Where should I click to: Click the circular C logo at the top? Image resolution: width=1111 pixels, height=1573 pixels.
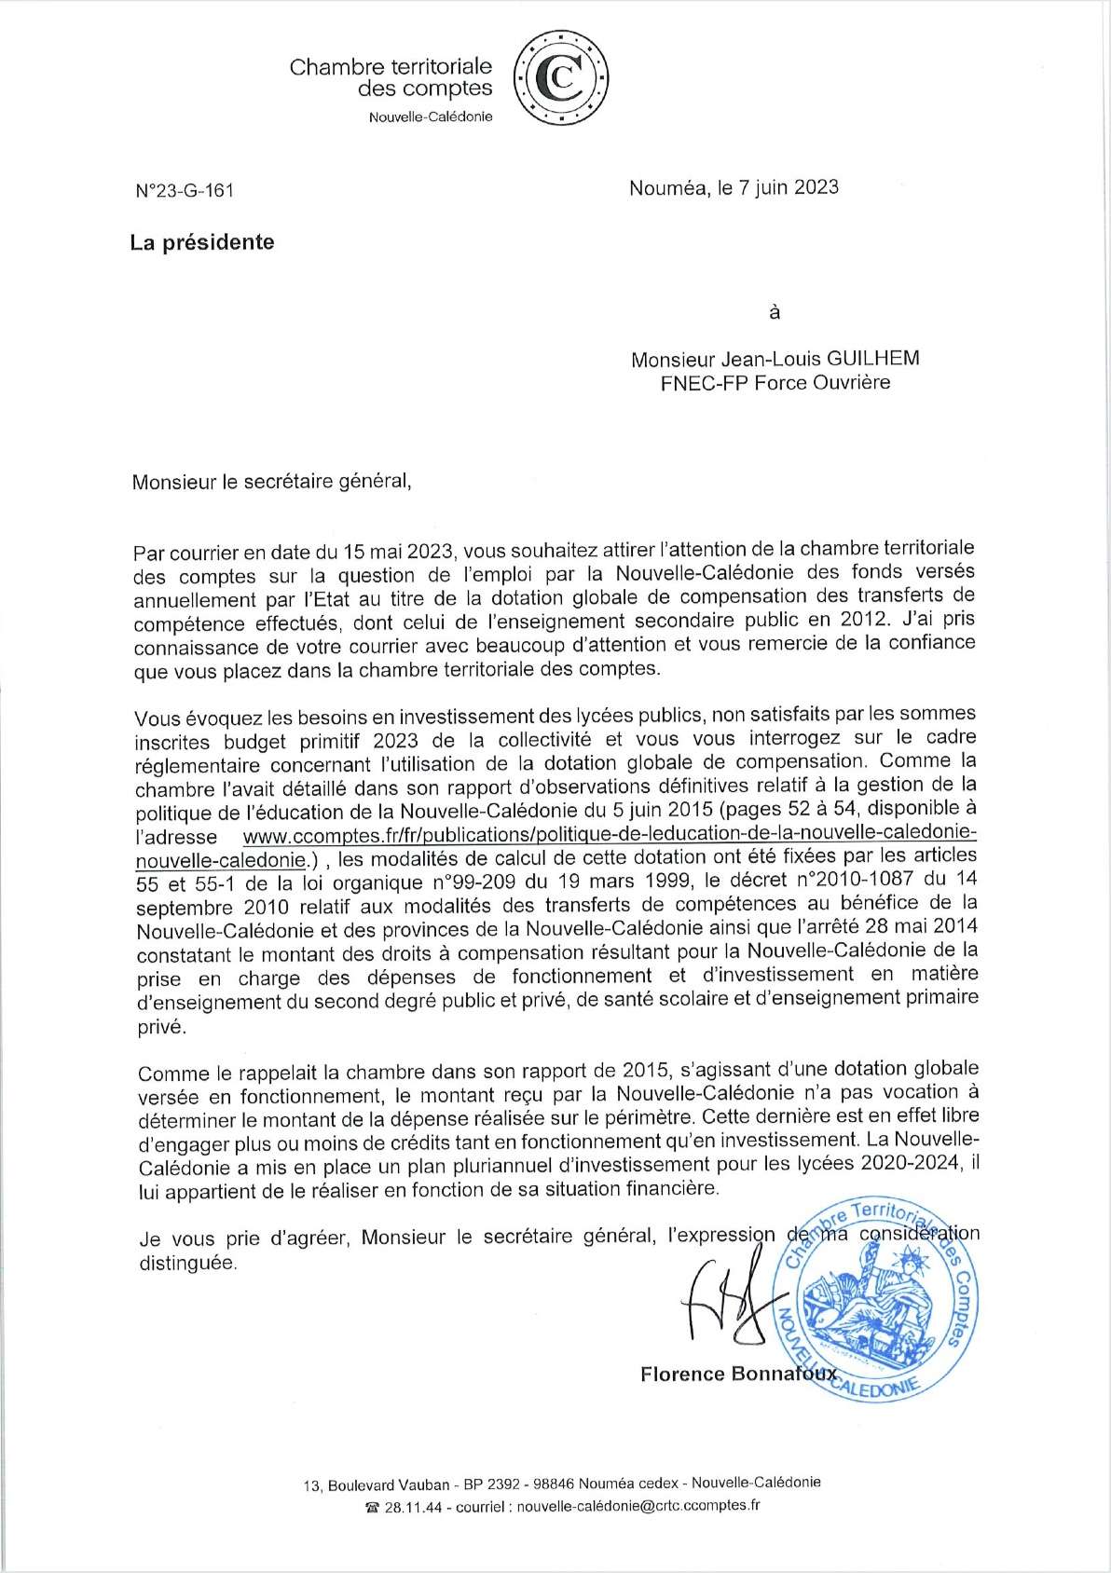tap(563, 79)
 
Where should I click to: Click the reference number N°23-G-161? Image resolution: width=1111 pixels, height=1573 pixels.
tap(185, 190)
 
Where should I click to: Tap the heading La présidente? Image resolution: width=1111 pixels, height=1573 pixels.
tap(202, 242)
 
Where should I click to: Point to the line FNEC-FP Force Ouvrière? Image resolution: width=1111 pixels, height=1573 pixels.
tap(775, 382)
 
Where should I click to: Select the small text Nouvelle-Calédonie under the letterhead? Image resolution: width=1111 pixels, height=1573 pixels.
tap(431, 117)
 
